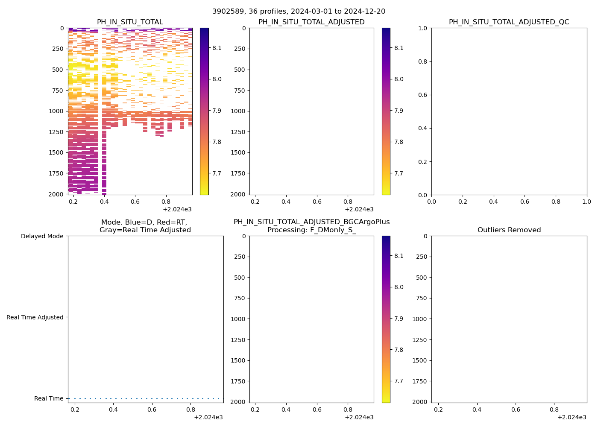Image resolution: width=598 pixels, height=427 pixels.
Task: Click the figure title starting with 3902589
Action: point(299,11)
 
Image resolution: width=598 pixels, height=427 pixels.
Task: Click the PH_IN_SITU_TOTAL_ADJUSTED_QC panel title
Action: point(509,22)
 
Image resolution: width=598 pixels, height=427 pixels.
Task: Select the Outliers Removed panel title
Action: point(509,230)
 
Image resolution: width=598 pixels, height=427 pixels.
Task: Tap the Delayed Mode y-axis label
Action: point(42,236)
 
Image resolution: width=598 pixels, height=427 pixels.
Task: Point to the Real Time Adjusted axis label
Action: point(35,317)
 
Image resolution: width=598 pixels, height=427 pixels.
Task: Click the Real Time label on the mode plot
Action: point(49,398)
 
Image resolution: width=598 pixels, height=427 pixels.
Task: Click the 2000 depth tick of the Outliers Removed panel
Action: point(420,402)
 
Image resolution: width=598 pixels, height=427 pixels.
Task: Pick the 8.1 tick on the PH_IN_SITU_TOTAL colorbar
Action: point(217,48)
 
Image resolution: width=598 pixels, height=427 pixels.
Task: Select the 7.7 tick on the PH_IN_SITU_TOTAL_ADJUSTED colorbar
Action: point(399,173)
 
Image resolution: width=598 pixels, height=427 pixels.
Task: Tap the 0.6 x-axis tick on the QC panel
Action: point(525,201)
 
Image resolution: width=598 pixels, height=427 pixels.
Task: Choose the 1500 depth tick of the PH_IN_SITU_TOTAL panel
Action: point(56,152)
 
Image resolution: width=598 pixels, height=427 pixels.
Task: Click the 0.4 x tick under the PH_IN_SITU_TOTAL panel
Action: point(104,201)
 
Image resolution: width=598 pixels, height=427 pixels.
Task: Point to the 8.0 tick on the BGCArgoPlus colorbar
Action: point(399,287)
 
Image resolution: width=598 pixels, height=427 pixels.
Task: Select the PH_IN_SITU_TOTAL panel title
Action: point(130,22)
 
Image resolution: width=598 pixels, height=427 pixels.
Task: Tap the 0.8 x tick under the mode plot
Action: point(191,409)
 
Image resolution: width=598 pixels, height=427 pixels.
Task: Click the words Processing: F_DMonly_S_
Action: point(311,230)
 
